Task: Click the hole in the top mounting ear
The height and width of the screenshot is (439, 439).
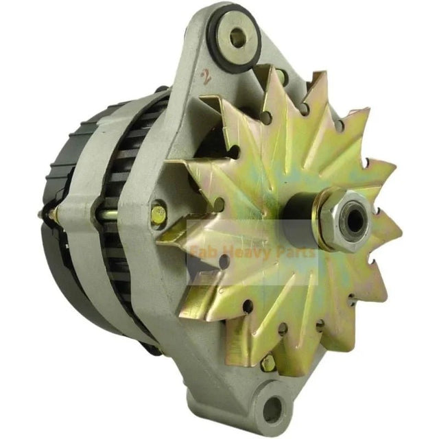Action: [x=237, y=38]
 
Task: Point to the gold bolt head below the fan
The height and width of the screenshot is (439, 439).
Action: [x=268, y=362]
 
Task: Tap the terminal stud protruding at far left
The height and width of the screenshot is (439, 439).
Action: [x=43, y=214]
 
